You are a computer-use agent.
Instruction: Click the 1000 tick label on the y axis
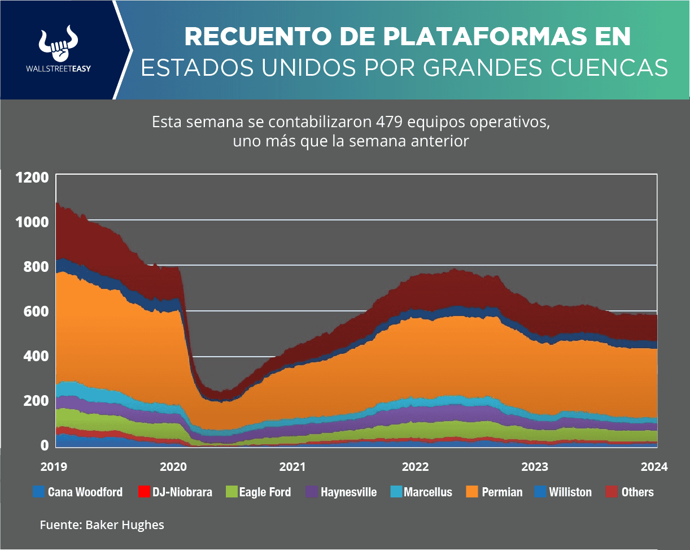point(32,222)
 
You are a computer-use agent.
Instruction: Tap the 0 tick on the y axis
point(44,445)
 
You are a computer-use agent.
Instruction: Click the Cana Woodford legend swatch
point(39,492)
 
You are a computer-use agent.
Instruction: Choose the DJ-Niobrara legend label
point(182,492)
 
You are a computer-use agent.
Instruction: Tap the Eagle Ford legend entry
point(265,492)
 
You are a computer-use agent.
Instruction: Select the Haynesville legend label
point(348,492)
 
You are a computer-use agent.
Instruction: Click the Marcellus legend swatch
point(396,492)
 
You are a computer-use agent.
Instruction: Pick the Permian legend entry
point(502,492)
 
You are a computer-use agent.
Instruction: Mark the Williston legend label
point(570,492)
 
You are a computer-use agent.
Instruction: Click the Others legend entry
point(637,492)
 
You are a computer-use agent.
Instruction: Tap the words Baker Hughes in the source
point(125,525)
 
